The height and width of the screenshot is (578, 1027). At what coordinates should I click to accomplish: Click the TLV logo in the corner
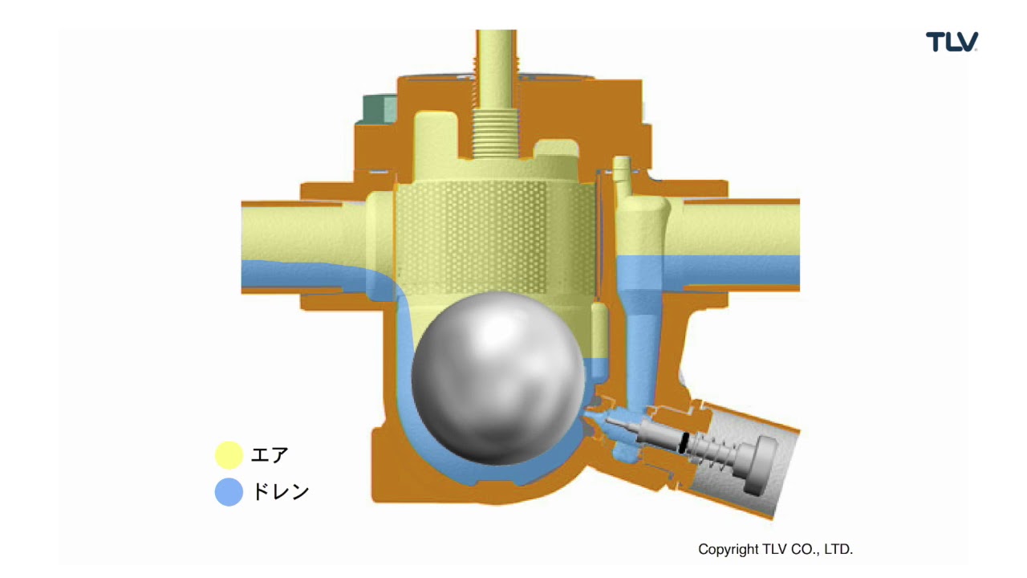coord(952,42)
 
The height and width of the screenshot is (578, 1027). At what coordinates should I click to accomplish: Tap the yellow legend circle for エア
coord(229,455)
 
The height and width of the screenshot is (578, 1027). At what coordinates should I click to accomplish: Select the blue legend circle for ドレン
coord(229,492)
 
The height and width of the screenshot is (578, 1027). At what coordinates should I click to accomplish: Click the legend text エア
coord(270,455)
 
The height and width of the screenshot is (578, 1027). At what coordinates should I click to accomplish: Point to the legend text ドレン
coord(281,492)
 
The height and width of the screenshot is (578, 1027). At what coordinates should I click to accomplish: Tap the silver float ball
coord(498,378)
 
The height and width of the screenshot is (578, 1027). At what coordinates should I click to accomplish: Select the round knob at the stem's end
coord(762,465)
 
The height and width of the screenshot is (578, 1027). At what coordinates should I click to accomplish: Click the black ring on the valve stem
coord(684,442)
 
